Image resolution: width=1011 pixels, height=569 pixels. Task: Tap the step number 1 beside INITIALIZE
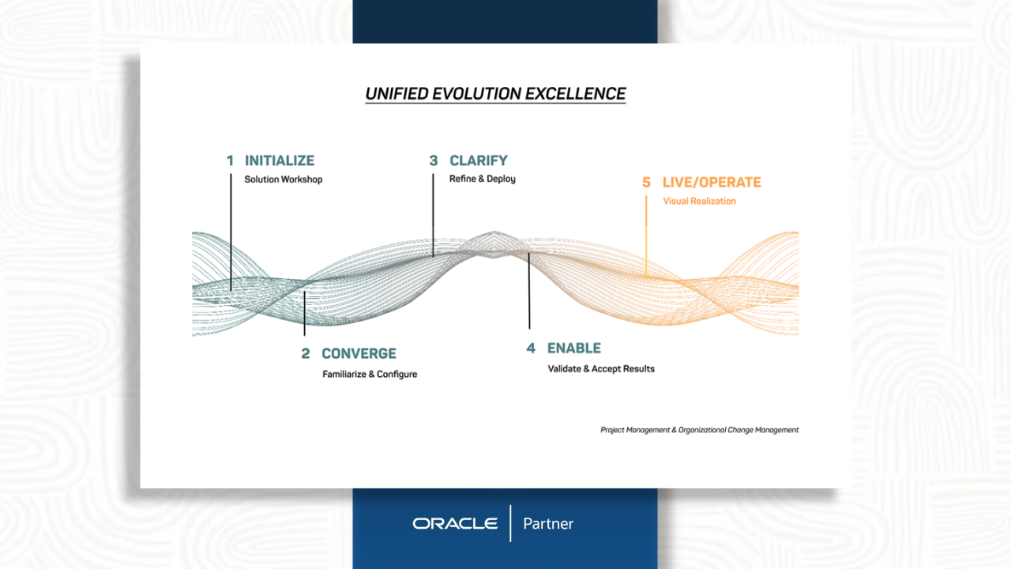click(230, 160)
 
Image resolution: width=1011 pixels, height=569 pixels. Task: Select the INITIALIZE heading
click(280, 160)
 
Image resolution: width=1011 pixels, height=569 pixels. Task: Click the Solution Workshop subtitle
click(284, 179)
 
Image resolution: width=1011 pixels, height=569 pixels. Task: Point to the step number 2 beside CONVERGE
click(306, 353)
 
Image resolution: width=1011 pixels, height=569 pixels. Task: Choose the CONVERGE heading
click(359, 353)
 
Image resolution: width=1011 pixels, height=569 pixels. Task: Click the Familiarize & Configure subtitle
click(370, 375)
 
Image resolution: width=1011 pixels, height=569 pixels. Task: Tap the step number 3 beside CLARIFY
click(434, 160)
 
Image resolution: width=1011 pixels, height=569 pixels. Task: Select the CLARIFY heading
click(479, 160)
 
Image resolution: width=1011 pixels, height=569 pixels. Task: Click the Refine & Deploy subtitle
click(482, 179)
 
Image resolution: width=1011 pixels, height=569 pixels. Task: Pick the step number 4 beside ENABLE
click(531, 349)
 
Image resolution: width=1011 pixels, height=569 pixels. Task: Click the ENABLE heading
click(574, 349)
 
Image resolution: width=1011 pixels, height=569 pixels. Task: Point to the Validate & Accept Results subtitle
click(601, 369)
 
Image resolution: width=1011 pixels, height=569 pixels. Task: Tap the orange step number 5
click(646, 183)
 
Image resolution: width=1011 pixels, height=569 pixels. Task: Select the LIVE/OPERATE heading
click(712, 183)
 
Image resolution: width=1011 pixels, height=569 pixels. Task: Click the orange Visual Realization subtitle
click(699, 202)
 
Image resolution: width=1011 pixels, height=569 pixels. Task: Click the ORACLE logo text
click(455, 524)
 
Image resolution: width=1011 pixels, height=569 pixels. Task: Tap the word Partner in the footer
click(548, 524)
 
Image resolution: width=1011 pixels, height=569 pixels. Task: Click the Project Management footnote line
click(699, 430)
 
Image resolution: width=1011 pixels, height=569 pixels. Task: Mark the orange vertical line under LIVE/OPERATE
click(646, 236)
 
